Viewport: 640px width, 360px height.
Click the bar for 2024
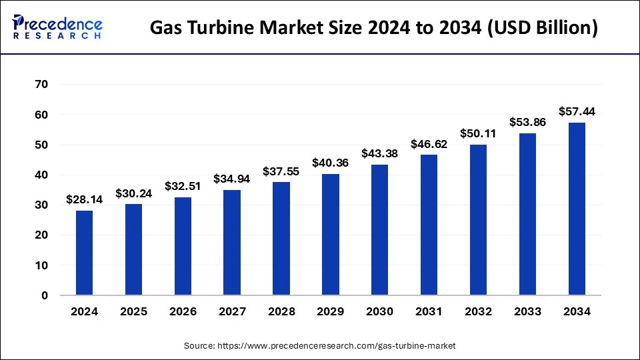pos(84,253)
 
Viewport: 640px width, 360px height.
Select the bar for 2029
pos(331,235)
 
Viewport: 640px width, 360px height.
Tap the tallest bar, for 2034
pos(577,209)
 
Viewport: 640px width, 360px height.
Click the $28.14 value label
pos(84,199)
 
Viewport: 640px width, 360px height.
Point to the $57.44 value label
pos(577,111)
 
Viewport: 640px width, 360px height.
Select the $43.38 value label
pos(380,153)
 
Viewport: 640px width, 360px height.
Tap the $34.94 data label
pos(232,179)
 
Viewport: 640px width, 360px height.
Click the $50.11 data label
pos(478,133)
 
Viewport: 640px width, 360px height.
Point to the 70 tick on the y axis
pos(41,85)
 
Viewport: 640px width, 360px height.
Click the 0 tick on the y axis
pos(45,295)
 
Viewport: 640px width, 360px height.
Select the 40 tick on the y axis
pos(41,175)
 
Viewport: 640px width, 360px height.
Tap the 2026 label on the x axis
pos(183,311)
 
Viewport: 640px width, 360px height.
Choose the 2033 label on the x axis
pos(527,311)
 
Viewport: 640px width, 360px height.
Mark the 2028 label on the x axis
pos(281,311)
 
